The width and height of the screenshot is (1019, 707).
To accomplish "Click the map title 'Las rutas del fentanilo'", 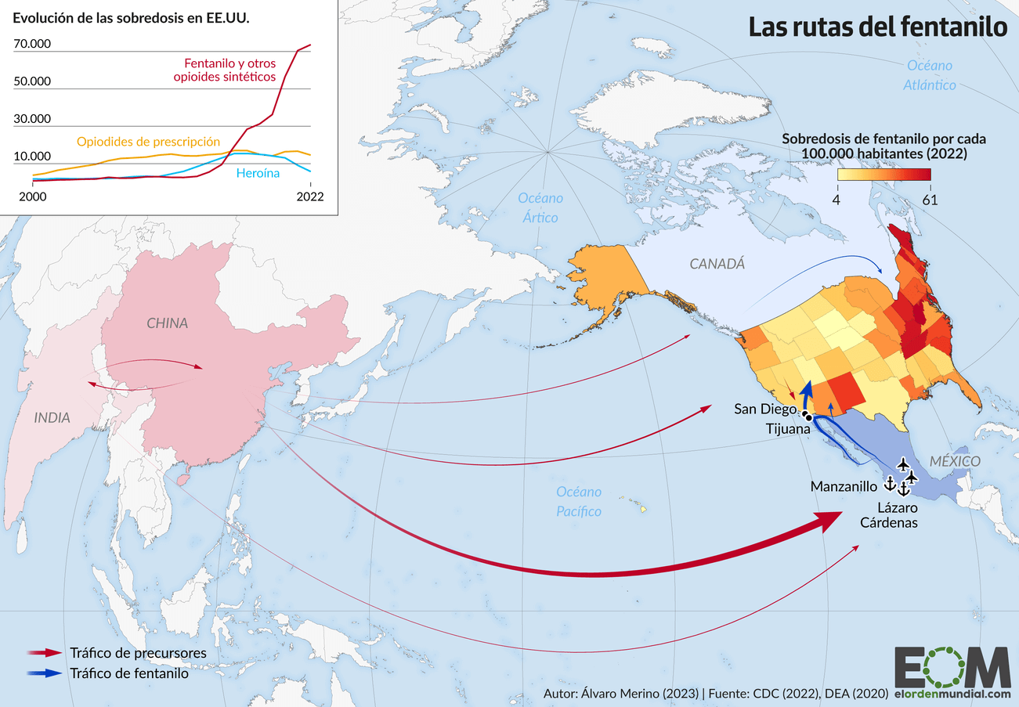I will (876, 27).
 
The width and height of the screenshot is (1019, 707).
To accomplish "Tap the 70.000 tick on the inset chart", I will (32, 44).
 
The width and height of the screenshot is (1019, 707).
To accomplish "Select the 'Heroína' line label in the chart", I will (258, 173).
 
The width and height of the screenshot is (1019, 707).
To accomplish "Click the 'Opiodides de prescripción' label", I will (148, 142).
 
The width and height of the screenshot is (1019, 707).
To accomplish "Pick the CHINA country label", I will (167, 323).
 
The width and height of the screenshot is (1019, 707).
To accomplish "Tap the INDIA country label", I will (52, 418).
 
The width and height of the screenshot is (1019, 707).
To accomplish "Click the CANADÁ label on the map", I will (717, 265).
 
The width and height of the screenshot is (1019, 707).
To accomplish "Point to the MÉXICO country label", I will (954, 461).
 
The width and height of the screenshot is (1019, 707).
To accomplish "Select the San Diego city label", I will (765, 409).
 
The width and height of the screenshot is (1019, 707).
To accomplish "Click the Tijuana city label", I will (787, 429).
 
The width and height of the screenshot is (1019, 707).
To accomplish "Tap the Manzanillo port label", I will (844, 486).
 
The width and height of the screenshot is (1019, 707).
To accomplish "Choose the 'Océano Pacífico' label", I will (579, 501).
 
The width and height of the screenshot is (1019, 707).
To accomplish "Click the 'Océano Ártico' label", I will (540, 207).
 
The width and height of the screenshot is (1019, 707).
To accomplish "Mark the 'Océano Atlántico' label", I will (930, 75).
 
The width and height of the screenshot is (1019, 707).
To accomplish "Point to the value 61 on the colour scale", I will (930, 200).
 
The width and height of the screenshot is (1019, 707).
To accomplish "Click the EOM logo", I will (952, 668).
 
